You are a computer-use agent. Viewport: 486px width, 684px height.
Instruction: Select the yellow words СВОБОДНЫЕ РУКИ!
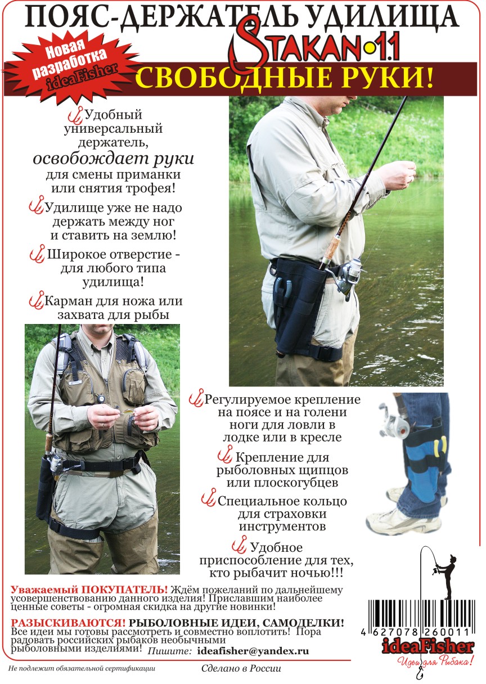pyautogui.click(x=284, y=78)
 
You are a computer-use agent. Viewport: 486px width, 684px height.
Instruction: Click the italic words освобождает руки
pyautogui.click(x=113, y=159)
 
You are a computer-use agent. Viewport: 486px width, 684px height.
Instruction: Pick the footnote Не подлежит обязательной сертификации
pyautogui.click(x=82, y=668)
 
